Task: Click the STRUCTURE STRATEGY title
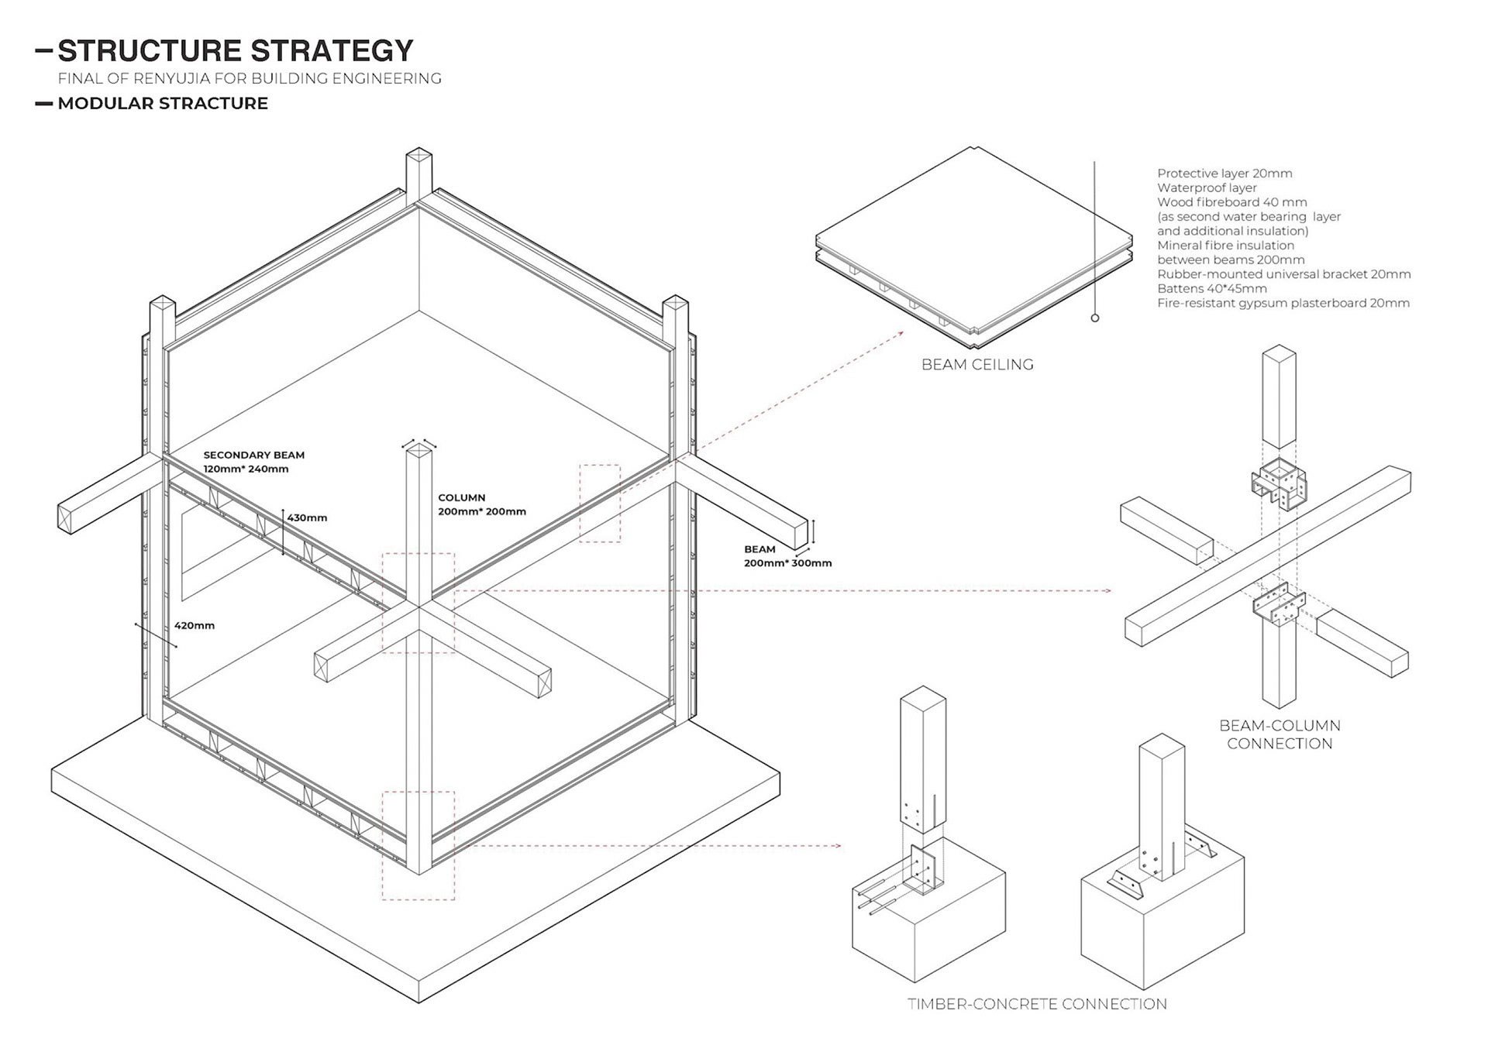[x=235, y=51]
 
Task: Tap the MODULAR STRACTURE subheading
[x=162, y=104]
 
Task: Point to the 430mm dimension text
[x=307, y=517]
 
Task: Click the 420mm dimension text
[x=195, y=625]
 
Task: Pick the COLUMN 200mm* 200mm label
[x=481, y=504]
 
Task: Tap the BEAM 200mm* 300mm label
[x=787, y=556]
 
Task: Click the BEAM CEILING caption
[x=977, y=365]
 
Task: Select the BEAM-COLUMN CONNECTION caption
[x=1280, y=734]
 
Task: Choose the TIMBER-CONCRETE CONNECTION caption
[x=1037, y=1004]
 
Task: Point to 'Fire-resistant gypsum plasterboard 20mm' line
[x=1283, y=303]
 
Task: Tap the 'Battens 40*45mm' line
[x=1211, y=288]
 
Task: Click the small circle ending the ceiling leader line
[x=1095, y=318]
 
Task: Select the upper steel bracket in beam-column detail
[x=1279, y=486]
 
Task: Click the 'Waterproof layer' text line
[x=1207, y=187]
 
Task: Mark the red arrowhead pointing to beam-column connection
[x=1109, y=591]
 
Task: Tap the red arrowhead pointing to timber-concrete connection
[x=839, y=846]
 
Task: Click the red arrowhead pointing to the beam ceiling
[x=901, y=333]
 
